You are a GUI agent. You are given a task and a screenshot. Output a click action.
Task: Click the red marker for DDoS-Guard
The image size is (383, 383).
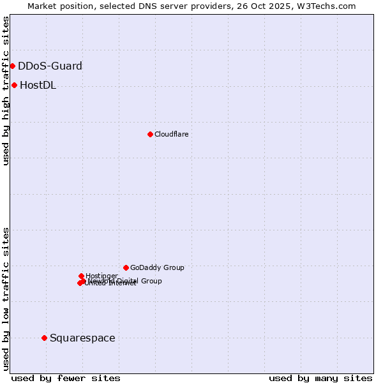tap(12, 66)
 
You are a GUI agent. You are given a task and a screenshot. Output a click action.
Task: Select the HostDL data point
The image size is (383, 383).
tap(14, 85)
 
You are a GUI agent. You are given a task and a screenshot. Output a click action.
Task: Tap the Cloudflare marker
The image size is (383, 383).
tap(150, 134)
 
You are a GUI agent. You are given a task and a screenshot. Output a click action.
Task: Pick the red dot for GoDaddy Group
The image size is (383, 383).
tap(126, 267)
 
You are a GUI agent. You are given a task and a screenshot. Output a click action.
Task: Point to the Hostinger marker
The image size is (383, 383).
tap(81, 276)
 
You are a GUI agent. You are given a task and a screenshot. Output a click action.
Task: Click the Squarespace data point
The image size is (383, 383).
tap(44, 338)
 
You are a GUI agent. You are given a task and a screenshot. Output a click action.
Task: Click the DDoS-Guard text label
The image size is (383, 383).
tap(50, 66)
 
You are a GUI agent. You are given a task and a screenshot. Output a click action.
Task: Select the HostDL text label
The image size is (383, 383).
tap(38, 86)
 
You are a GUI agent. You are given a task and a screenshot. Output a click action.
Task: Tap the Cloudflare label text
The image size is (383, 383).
tap(171, 134)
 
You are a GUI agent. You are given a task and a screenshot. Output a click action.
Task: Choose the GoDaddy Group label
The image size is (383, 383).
tap(157, 267)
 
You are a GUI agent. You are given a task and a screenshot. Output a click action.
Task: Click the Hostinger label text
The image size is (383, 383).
tap(101, 276)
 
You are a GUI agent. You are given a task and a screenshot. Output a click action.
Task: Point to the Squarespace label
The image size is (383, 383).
tap(82, 338)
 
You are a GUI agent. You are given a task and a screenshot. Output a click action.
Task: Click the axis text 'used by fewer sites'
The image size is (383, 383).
tap(66, 378)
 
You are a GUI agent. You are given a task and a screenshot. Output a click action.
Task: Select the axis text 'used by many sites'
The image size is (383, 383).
tap(320, 378)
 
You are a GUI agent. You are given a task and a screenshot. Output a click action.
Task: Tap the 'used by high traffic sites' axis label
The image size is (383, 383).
tap(6, 91)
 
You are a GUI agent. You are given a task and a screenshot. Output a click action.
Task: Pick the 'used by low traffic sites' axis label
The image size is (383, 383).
tap(6, 298)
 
